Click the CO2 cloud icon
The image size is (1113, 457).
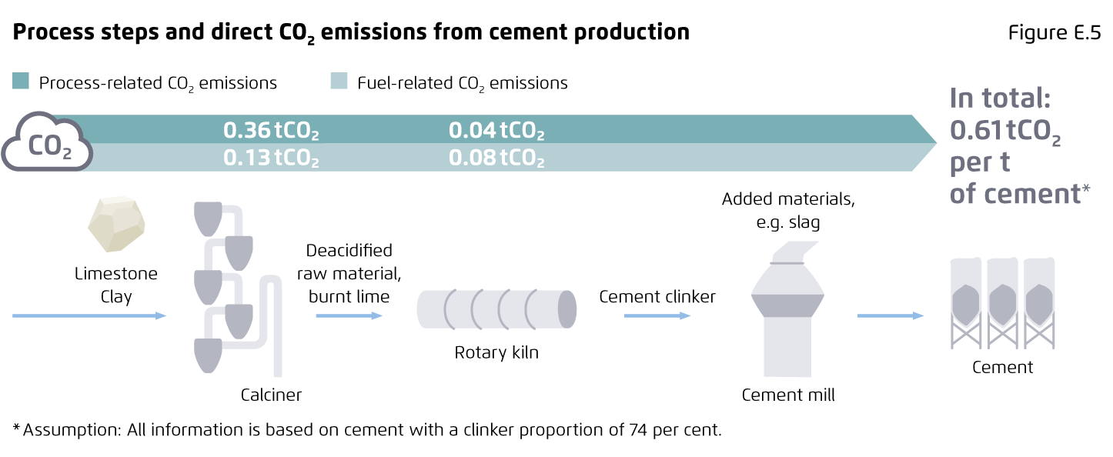tap(47, 142)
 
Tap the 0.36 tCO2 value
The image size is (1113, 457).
tap(270, 131)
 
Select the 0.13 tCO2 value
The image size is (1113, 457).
tap(270, 158)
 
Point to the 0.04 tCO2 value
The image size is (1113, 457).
tap(496, 131)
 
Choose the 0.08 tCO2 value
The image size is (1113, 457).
tap(496, 158)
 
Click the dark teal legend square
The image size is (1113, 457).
tap(21, 81)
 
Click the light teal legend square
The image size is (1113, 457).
tap(339, 81)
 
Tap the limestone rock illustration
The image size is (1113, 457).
tap(116, 223)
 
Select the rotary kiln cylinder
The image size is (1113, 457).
tap(496, 309)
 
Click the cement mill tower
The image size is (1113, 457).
tap(787, 312)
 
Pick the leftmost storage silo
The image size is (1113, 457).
tap(966, 302)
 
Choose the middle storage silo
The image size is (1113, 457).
tap(1002, 302)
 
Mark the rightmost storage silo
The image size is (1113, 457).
tap(1038, 302)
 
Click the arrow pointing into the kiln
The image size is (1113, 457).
tap(349, 315)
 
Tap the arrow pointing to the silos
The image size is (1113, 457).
tap(891, 315)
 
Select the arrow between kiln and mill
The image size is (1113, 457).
tap(657, 315)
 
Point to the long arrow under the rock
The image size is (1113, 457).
tap(89, 315)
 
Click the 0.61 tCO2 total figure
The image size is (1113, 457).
tap(1004, 132)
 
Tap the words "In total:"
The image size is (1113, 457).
tap(1000, 99)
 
